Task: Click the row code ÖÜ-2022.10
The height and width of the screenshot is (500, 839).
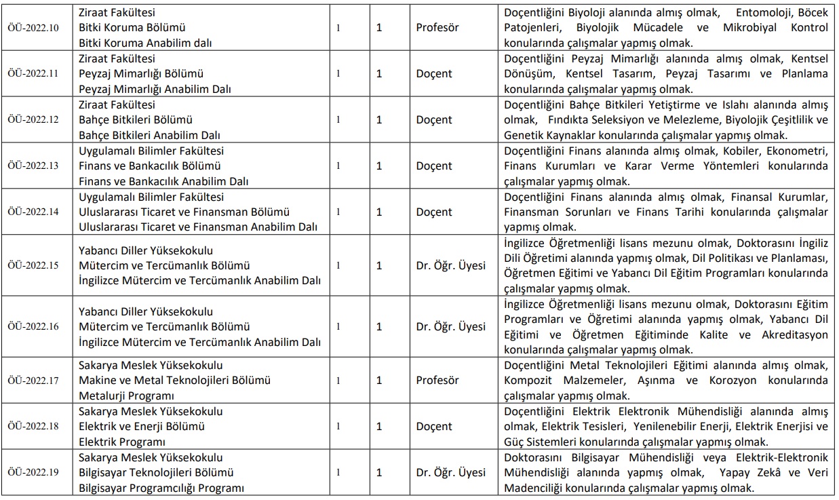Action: [33, 28]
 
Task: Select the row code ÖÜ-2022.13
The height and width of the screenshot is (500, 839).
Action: [33, 166]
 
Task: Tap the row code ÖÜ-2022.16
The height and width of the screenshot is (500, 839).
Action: [33, 326]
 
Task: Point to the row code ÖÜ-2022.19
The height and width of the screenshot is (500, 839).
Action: [33, 472]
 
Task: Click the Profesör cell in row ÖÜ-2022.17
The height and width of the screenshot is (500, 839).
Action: [437, 381]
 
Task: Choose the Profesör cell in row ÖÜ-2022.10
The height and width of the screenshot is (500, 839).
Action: [437, 28]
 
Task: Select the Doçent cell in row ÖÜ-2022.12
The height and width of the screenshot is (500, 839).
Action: [434, 119]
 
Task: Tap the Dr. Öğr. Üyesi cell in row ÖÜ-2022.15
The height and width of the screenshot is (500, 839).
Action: [451, 265]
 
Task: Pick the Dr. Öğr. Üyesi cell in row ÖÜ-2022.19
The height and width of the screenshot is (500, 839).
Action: [451, 472]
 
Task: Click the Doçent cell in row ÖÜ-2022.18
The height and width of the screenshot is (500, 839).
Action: [434, 426]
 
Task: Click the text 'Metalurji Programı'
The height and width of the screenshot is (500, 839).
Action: [127, 396]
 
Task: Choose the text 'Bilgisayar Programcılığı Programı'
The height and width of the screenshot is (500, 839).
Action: [161, 488]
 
